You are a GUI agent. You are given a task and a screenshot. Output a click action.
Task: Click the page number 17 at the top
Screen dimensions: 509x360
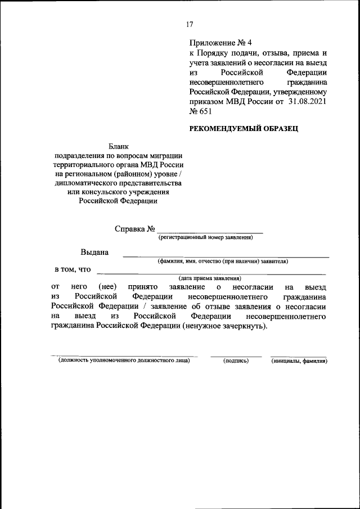pyautogui.click(x=190, y=24)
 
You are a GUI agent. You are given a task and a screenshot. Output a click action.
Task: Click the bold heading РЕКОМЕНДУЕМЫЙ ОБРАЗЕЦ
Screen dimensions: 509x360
pyautogui.click(x=244, y=129)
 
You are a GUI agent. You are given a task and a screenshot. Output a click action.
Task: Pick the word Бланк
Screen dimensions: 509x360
pyautogui.click(x=119, y=146)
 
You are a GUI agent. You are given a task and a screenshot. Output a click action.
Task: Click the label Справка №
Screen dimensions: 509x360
pyautogui.click(x=134, y=229)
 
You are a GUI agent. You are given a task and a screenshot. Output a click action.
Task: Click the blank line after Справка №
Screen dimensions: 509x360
pyautogui.click(x=210, y=231)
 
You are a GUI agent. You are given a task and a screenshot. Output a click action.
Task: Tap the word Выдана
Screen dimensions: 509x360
pyautogui.click(x=95, y=252)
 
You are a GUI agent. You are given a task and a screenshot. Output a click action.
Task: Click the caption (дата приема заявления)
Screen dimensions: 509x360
pyautogui.click(x=210, y=278)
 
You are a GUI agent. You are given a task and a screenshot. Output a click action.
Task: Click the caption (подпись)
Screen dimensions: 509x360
pyautogui.click(x=236, y=361)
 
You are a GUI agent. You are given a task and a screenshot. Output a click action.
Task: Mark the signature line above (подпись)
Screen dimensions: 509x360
pyautogui.click(x=236, y=356)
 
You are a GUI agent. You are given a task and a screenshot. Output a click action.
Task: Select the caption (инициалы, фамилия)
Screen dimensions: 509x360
pyautogui.click(x=299, y=361)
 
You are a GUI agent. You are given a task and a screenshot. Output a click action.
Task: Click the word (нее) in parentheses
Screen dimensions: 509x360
pyautogui.click(x=107, y=287)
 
